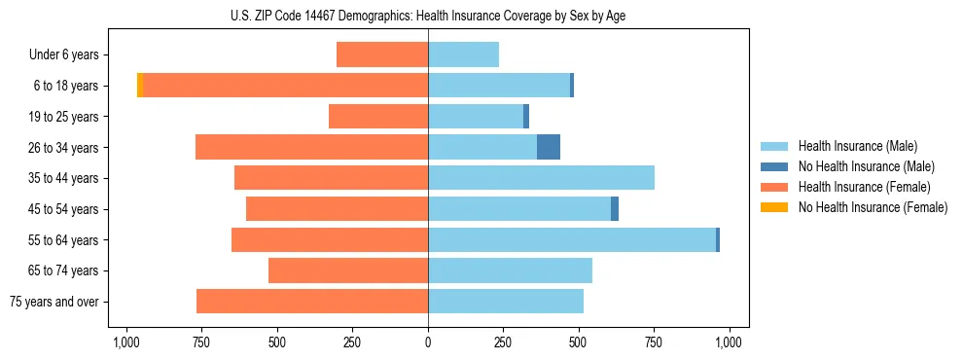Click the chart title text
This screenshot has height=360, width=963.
point(428,16)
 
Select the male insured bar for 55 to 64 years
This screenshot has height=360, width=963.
point(572,239)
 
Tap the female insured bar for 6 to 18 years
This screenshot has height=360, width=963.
point(286,86)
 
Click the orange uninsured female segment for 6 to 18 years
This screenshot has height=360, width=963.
point(140,86)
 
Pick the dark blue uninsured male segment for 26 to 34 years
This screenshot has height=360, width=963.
point(549,147)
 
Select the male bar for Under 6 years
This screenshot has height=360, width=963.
point(463,54)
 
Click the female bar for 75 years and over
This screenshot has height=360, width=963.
point(312,301)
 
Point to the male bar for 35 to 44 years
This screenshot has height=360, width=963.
point(541,178)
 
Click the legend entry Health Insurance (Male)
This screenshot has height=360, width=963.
point(857,146)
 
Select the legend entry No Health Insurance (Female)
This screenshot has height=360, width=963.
point(873,207)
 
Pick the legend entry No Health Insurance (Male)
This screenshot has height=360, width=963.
point(866,166)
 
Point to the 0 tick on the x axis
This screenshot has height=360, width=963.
point(428,342)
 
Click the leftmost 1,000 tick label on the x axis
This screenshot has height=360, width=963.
point(125,342)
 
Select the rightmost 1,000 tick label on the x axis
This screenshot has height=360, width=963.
point(730,342)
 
